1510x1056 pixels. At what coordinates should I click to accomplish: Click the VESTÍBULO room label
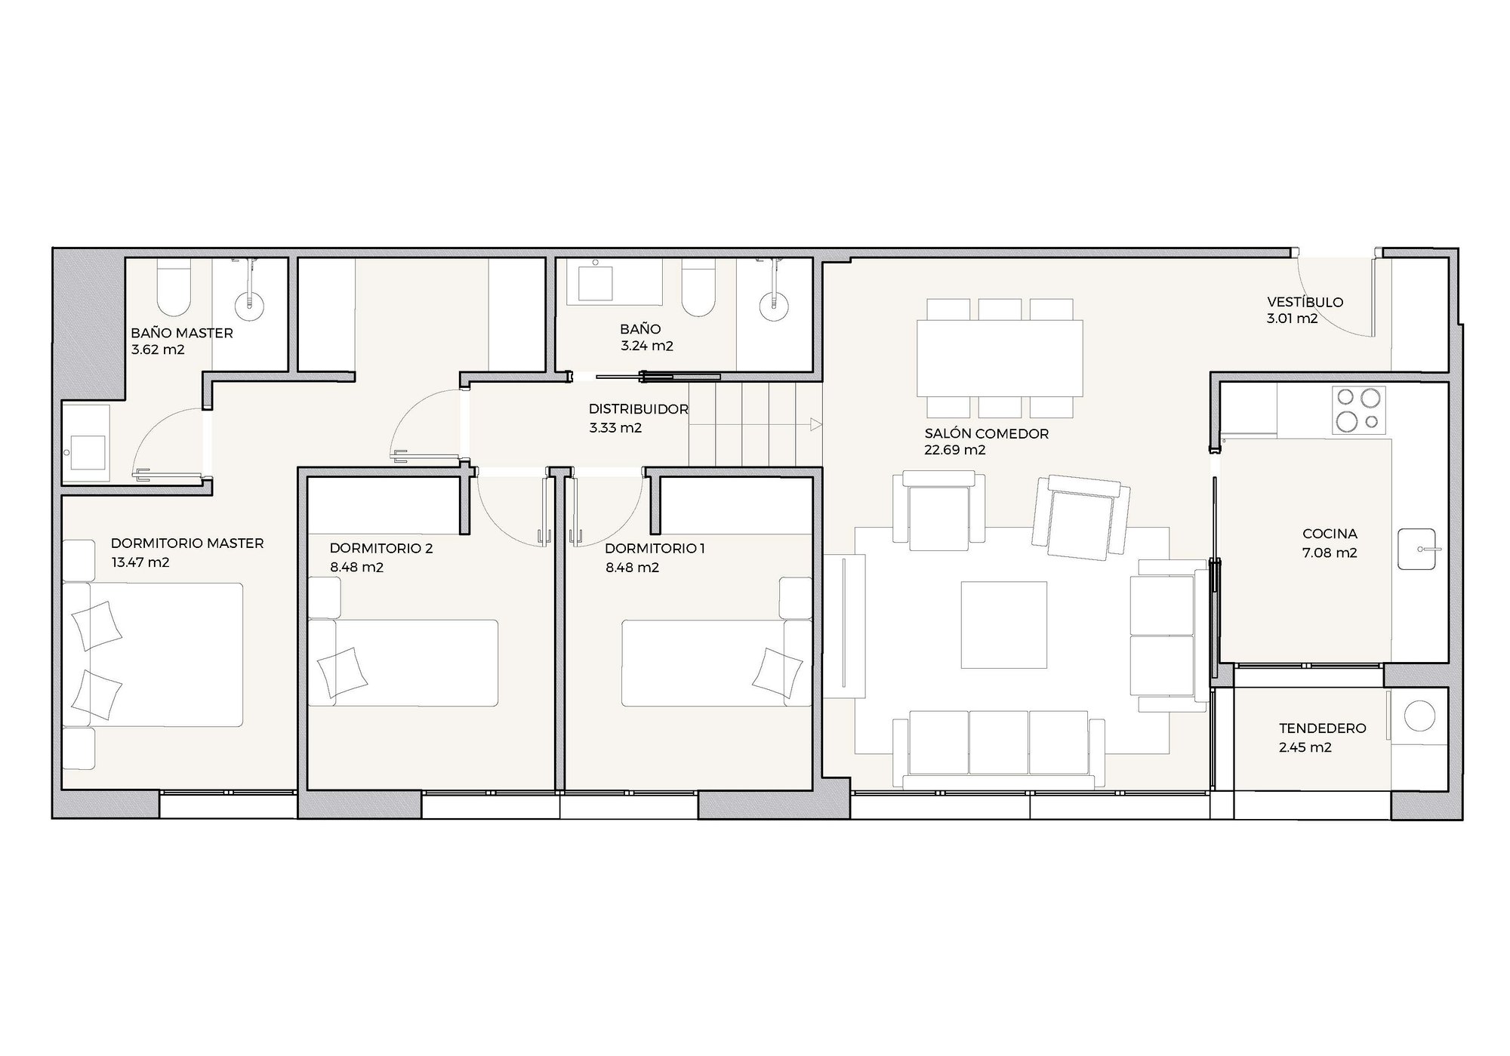(x=1305, y=302)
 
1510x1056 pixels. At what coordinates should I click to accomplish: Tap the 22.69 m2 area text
(x=954, y=450)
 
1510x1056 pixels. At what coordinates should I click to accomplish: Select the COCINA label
(x=1330, y=534)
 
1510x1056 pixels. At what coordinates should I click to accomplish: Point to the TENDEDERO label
(x=1322, y=728)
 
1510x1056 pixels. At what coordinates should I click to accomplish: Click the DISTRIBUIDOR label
(x=638, y=409)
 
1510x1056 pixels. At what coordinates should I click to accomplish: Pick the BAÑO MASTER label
(x=182, y=333)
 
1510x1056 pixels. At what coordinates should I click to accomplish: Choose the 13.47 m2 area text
(x=140, y=562)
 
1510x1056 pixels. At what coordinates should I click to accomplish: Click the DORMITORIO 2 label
(x=381, y=548)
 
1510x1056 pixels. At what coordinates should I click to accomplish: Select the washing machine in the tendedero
(x=1418, y=716)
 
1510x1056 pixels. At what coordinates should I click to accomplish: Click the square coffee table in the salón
(x=1003, y=624)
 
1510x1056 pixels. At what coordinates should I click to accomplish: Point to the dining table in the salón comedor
(x=1000, y=358)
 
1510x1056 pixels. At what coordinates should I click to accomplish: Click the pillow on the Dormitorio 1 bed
(x=778, y=674)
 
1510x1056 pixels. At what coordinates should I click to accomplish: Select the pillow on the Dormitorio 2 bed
(x=342, y=674)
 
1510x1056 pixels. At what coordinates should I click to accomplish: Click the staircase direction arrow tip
(x=821, y=425)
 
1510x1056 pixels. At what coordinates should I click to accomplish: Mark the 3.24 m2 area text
(x=647, y=346)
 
